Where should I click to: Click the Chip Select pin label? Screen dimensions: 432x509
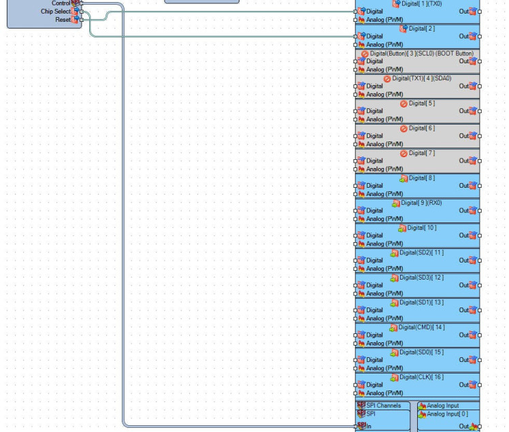[x=56, y=12]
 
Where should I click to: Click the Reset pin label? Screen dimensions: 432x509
[x=63, y=20]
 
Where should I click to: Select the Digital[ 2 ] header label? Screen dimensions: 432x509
[x=421, y=29]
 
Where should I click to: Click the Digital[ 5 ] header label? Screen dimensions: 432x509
[x=421, y=103]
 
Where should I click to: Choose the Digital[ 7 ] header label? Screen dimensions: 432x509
[x=421, y=153]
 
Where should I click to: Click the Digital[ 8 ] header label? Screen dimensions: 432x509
[x=421, y=178]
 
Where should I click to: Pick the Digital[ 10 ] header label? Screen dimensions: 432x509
[x=421, y=228]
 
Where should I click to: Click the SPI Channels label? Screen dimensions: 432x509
[x=383, y=405]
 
